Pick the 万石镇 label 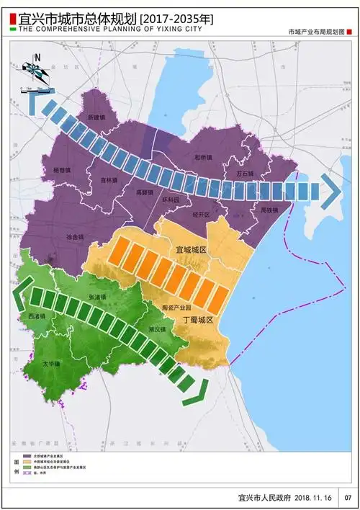pyautogui.click(x=246, y=174)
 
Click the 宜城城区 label pyautogui.click(x=191, y=249)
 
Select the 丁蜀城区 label pyautogui.click(x=198, y=318)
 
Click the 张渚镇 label pyautogui.click(x=98, y=296)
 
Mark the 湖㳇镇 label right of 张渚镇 pyautogui.click(x=156, y=329)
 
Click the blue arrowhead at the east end pyautogui.click(x=331, y=190)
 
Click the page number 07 pyautogui.click(x=348, y=497)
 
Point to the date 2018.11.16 pyautogui.click(x=312, y=497)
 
